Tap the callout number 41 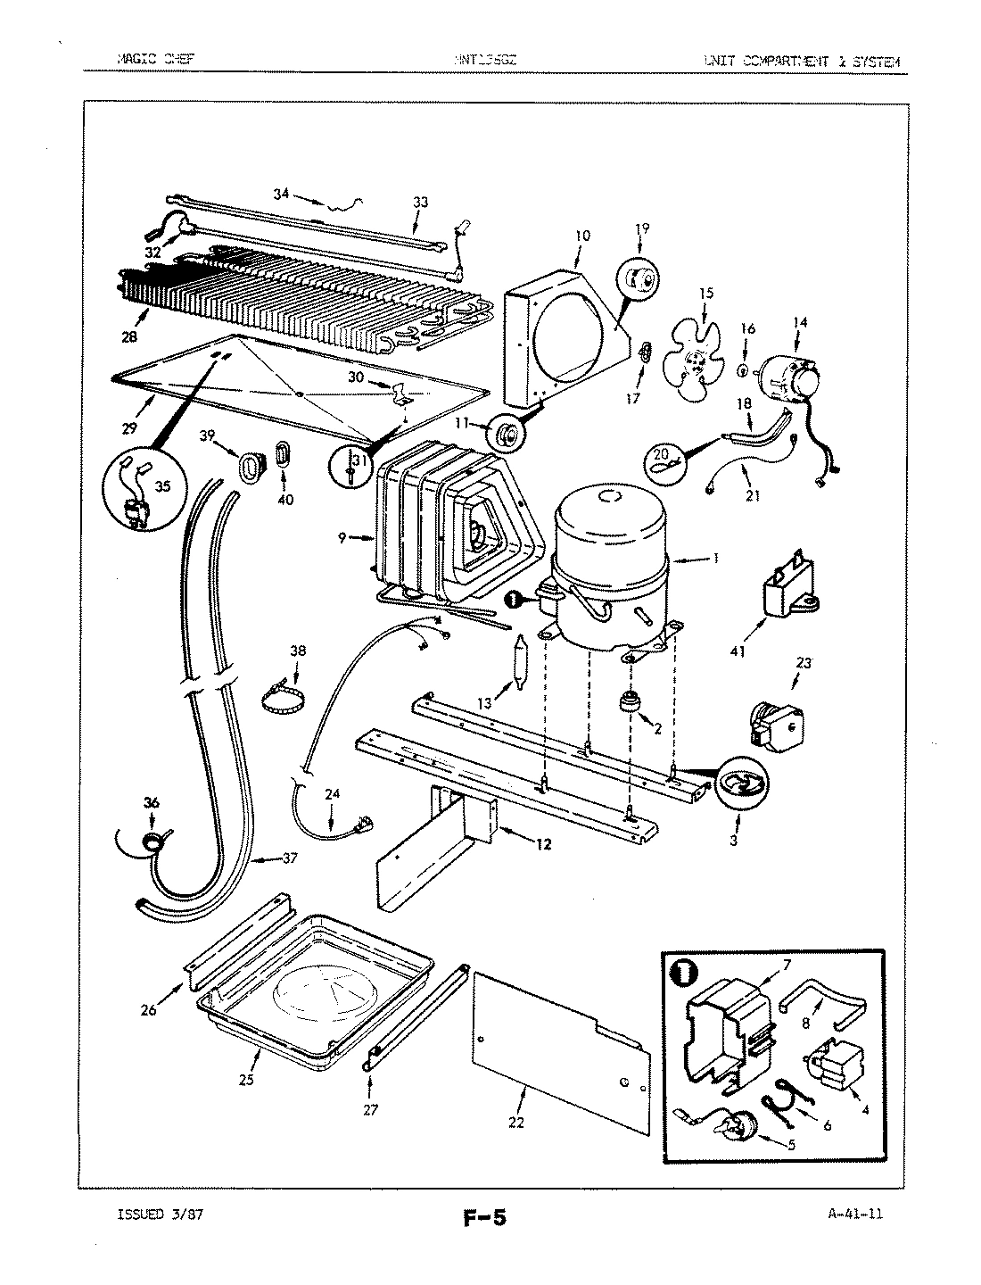pyautogui.click(x=737, y=652)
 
